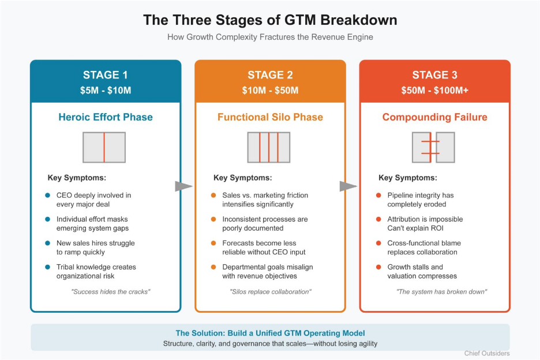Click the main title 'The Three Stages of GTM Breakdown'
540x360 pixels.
[x=270, y=20]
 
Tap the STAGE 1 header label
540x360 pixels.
[x=106, y=75]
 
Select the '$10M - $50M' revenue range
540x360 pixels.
[x=270, y=90]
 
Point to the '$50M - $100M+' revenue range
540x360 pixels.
[x=434, y=90]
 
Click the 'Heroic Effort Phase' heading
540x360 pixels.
[x=106, y=117]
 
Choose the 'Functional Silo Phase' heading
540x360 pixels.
[x=270, y=117]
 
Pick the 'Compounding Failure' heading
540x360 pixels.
[x=434, y=117]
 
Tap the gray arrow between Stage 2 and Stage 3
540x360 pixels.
[x=348, y=186]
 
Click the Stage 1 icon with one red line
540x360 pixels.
[x=104, y=147]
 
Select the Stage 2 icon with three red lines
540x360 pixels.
[x=269, y=147]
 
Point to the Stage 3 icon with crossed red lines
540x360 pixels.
[x=433, y=147]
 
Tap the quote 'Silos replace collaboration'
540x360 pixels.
[x=270, y=291]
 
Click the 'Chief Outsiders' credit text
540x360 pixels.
[x=486, y=353]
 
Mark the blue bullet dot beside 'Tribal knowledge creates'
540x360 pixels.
[x=48, y=267]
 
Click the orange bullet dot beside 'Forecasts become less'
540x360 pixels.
[x=213, y=243]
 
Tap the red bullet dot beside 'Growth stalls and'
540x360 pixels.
[x=378, y=267]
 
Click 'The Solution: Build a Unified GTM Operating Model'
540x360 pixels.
[x=270, y=333]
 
